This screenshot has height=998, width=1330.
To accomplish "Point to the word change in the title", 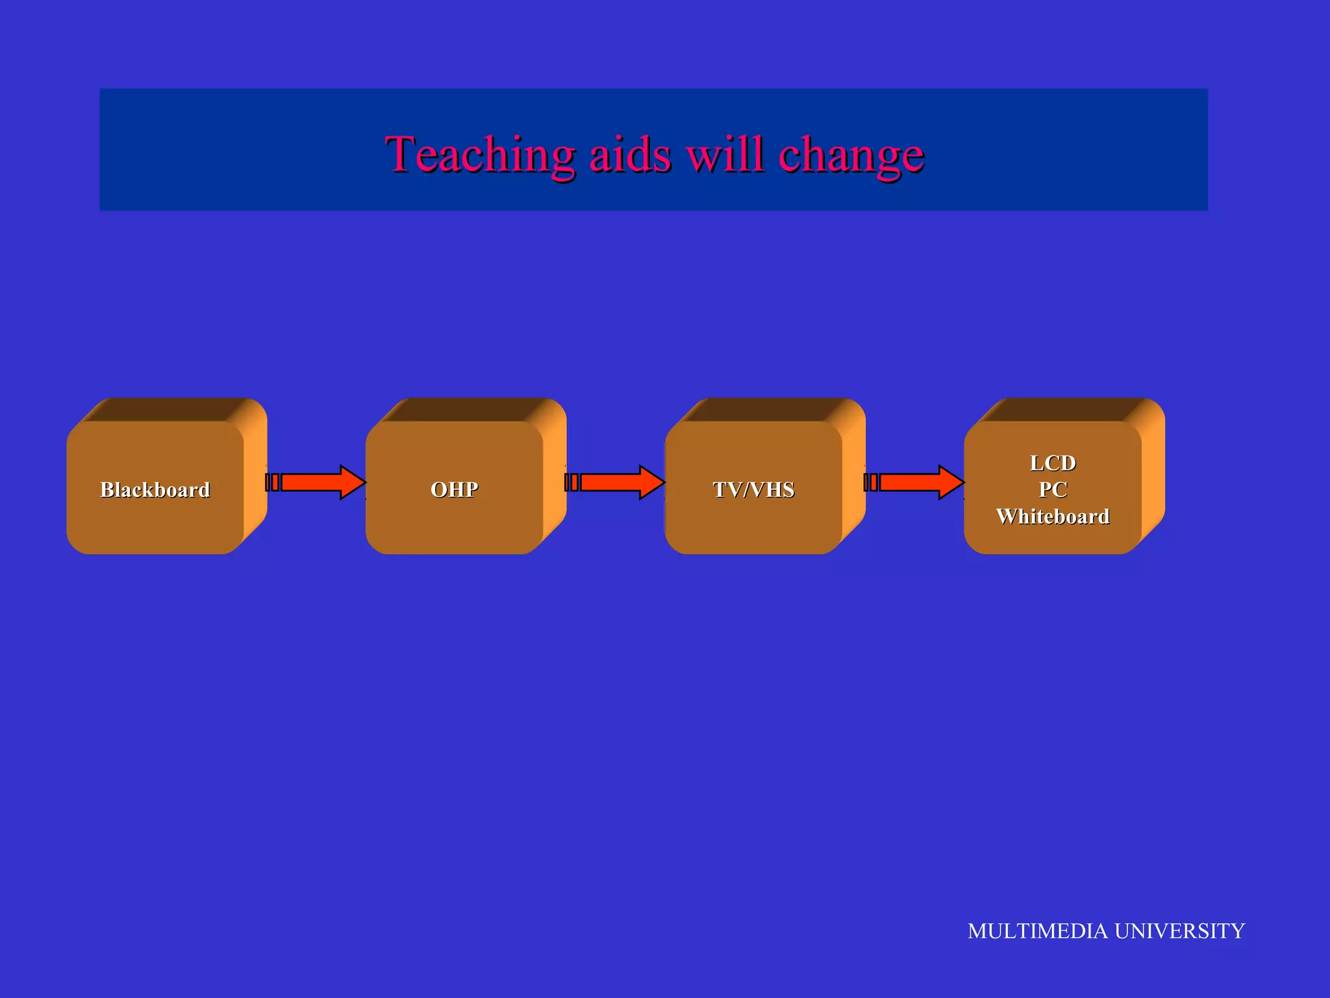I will tap(851, 156).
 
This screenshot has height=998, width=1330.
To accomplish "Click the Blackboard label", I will tap(155, 489).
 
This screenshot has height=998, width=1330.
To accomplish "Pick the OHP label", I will tap(455, 489).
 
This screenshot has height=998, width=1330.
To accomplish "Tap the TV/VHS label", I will tap(753, 489).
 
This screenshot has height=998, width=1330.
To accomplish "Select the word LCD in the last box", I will tap(1053, 463).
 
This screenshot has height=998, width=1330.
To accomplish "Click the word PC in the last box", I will tap(1053, 489).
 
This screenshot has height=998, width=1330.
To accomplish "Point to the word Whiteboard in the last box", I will tap(1053, 516).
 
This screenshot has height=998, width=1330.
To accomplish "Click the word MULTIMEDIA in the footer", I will tap(1038, 930).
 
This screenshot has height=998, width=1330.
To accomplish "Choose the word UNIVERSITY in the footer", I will tap(1179, 930).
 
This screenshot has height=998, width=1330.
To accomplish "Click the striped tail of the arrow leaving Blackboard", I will tap(272, 482).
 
